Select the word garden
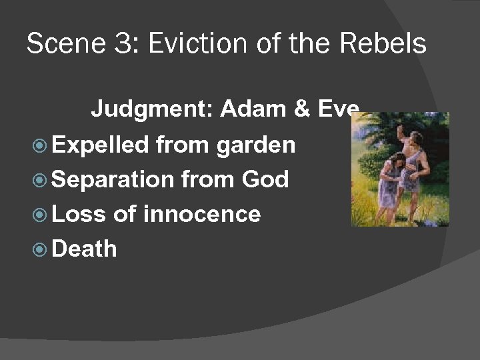(x=255, y=145)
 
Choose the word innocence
(x=201, y=214)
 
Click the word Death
(x=84, y=249)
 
